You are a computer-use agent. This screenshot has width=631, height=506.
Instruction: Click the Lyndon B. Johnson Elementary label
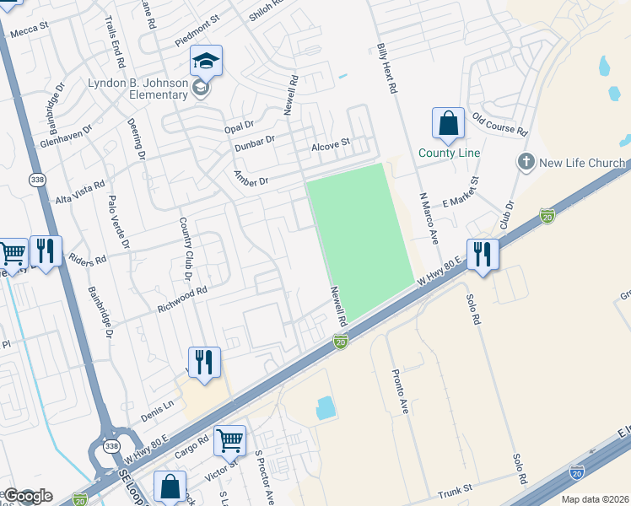pyautogui.click(x=138, y=89)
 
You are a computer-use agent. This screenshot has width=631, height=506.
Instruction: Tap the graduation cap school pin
pyautogui.click(x=205, y=61)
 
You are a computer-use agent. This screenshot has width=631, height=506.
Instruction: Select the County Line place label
pyautogui.click(x=449, y=153)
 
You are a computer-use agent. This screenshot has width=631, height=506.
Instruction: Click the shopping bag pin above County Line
pyautogui.click(x=448, y=123)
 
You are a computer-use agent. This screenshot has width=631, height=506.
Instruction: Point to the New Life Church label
pyautogui.click(x=582, y=163)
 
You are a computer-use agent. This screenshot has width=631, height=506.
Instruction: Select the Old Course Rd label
pyautogui.click(x=499, y=125)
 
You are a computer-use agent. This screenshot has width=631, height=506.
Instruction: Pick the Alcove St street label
pyautogui.click(x=330, y=144)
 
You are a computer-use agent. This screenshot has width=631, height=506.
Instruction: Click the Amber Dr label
pyautogui.click(x=251, y=180)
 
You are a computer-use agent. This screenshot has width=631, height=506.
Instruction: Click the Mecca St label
pyautogui.click(x=28, y=30)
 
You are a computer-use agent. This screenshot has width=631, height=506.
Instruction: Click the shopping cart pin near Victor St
pyautogui.click(x=229, y=440)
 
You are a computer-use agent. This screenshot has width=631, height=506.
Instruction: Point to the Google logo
pyautogui.click(x=28, y=496)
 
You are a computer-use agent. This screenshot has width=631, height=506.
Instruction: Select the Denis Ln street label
pyautogui.click(x=157, y=412)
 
